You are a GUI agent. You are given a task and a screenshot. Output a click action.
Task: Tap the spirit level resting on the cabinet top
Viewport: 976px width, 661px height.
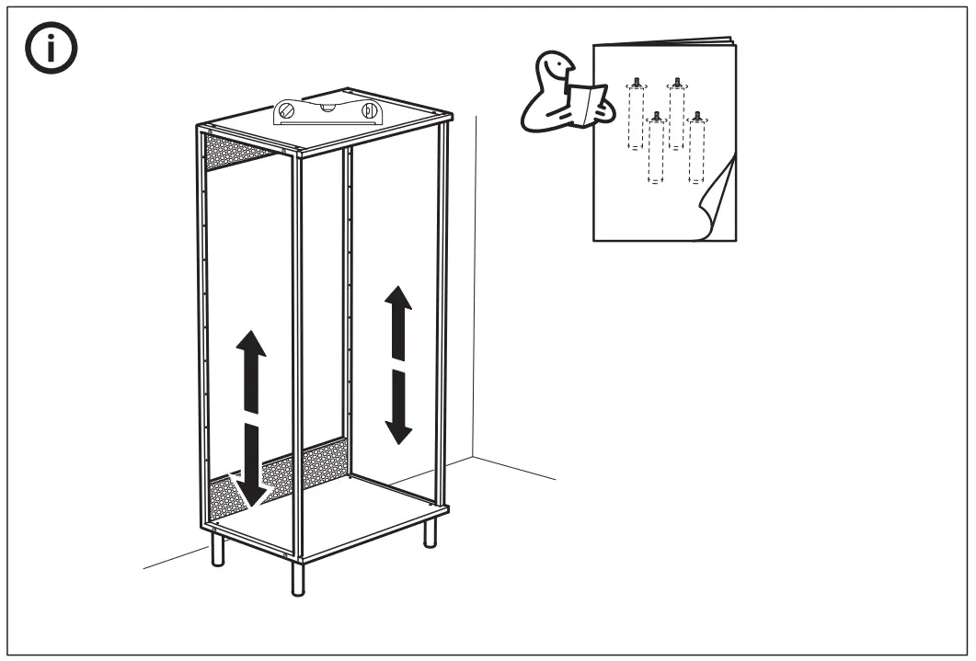point(327,111)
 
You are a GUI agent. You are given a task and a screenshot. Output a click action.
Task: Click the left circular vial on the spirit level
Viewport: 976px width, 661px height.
point(286,114)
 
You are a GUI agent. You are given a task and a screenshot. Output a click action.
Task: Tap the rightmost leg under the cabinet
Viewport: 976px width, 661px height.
point(430,533)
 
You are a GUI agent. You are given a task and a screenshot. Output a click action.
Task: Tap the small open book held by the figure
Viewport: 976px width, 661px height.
point(587,100)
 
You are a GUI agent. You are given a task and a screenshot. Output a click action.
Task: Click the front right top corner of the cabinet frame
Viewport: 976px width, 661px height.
point(446,119)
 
